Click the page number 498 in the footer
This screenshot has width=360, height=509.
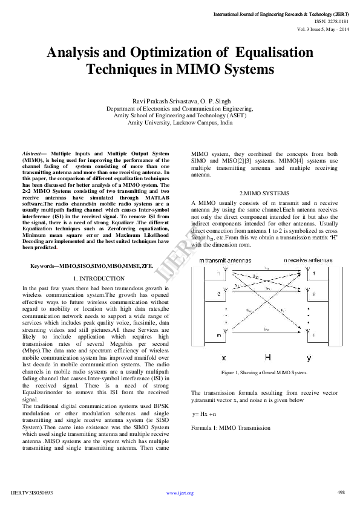(x=341, y=492)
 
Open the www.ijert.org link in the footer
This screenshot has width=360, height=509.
(x=180, y=493)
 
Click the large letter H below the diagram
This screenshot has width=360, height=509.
(x=268, y=357)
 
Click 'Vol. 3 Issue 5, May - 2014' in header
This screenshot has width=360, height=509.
(x=322, y=28)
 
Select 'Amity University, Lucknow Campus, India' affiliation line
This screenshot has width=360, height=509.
(x=180, y=122)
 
